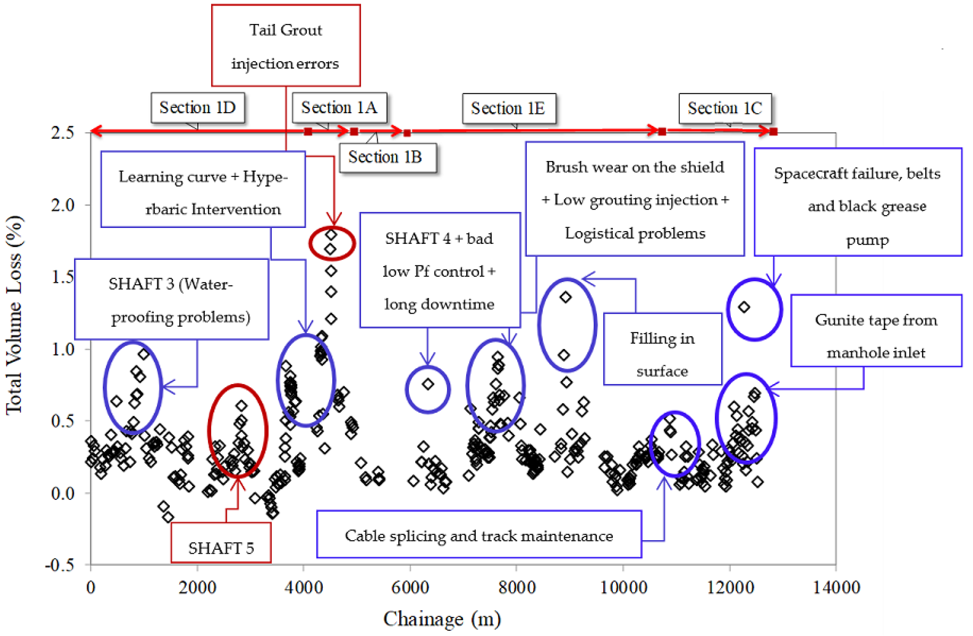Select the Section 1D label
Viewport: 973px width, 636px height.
click(x=198, y=108)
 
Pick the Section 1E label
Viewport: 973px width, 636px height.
click(x=509, y=108)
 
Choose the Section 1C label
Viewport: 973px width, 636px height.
click(x=725, y=108)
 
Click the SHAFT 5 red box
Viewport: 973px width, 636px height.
click(x=221, y=543)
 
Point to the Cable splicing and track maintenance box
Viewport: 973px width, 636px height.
click(x=479, y=534)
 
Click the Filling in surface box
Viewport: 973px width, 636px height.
click(x=662, y=349)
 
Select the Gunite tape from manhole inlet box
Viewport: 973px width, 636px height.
click(x=876, y=330)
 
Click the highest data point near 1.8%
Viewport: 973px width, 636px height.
click(x=331, y=235)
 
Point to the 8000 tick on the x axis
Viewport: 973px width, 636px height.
click(x=517, y=587)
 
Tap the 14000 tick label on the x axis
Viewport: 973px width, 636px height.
click(x=836, y=587)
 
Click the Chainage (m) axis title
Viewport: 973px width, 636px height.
click(x=442, y=618)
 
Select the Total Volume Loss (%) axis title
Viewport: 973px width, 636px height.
click(x=14, y=315)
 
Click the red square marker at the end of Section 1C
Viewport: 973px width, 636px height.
click(x=773, y=132)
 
